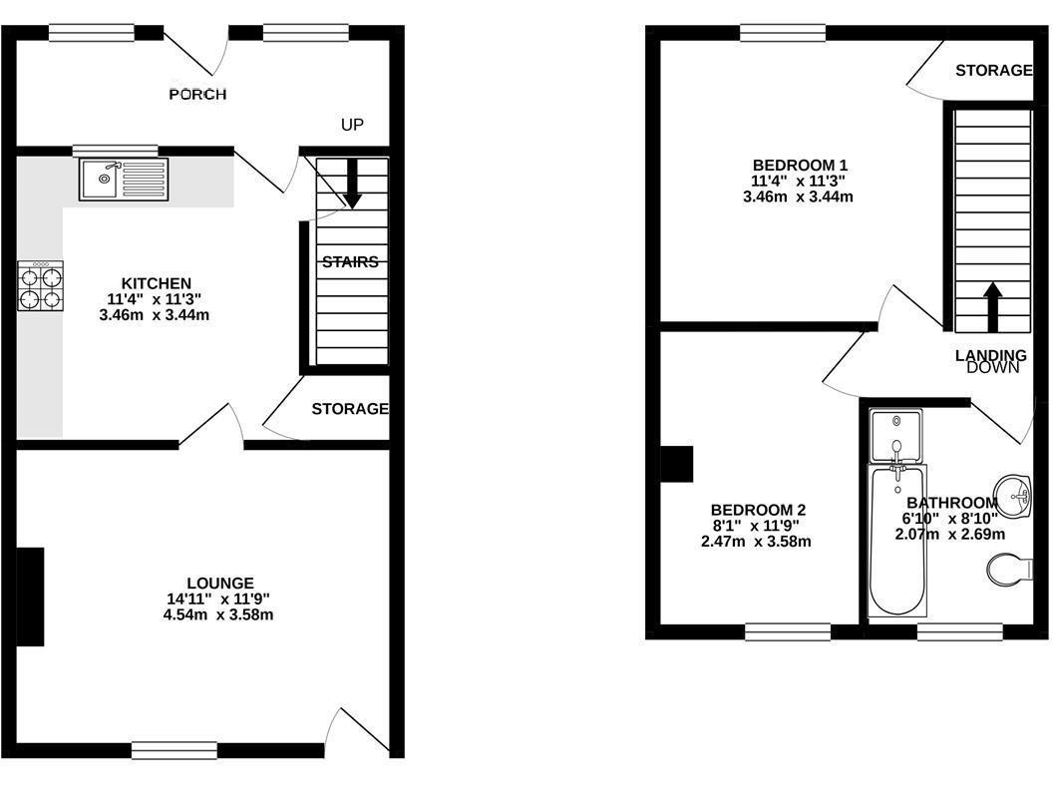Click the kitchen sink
tap(124, 180)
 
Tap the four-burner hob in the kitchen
tap(41, 285)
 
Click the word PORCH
tap(197, 94)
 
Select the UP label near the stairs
tap(352, 125)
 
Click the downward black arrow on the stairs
tap(353, 183)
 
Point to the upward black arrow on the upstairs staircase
tap(992, 307)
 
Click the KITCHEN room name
tap(156, 283)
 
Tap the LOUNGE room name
tap(220, 584)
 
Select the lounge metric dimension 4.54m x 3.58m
tap(218, 614)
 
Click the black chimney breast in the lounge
tap(30, 597)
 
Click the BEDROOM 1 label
tap(800, 165)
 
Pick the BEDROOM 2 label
tap(758, 510)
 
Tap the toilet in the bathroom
tap(1010, 570)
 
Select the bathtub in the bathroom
tap(897, 541)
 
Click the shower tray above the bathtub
tap(895, 436)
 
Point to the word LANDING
tap(991, 355)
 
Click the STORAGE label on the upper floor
tap(994, 70)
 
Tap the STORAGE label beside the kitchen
tap(350, 409)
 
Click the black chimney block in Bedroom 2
tap(676, 464)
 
